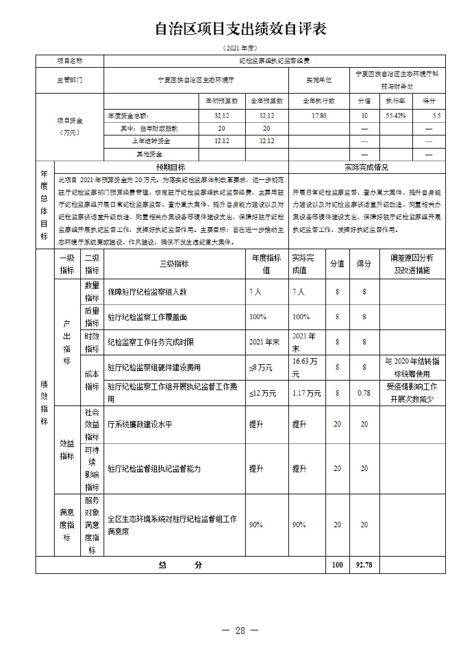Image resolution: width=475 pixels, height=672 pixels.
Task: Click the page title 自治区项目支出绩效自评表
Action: (240, 29)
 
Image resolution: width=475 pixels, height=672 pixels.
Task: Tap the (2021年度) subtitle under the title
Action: (240, 48)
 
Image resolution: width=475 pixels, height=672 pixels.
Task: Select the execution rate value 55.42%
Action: (396, 116)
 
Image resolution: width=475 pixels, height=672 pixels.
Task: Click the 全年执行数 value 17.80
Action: (319, 116)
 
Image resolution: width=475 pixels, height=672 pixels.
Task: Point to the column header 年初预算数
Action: (222, 101)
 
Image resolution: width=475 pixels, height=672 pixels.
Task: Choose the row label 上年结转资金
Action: (151, 141)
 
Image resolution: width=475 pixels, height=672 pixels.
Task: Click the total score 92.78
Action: (364, 565)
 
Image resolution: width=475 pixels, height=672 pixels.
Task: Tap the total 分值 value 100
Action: (337, 565)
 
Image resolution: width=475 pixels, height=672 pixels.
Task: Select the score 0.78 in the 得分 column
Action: (364, 393)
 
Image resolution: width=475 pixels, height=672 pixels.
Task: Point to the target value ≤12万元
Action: (262, 393)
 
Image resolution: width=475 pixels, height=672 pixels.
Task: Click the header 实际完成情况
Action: (366, 167)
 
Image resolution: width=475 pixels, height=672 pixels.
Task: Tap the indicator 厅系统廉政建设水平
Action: (140, 424)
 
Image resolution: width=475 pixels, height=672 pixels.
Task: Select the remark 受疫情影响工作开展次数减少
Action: (412, 393)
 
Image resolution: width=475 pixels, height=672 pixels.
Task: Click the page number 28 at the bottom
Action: (240, 630)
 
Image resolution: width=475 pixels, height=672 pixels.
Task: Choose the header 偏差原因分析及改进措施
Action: (412, 264)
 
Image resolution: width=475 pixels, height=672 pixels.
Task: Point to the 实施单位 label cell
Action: (319, 80)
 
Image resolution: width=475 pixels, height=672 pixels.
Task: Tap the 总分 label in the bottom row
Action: (180, 565)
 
